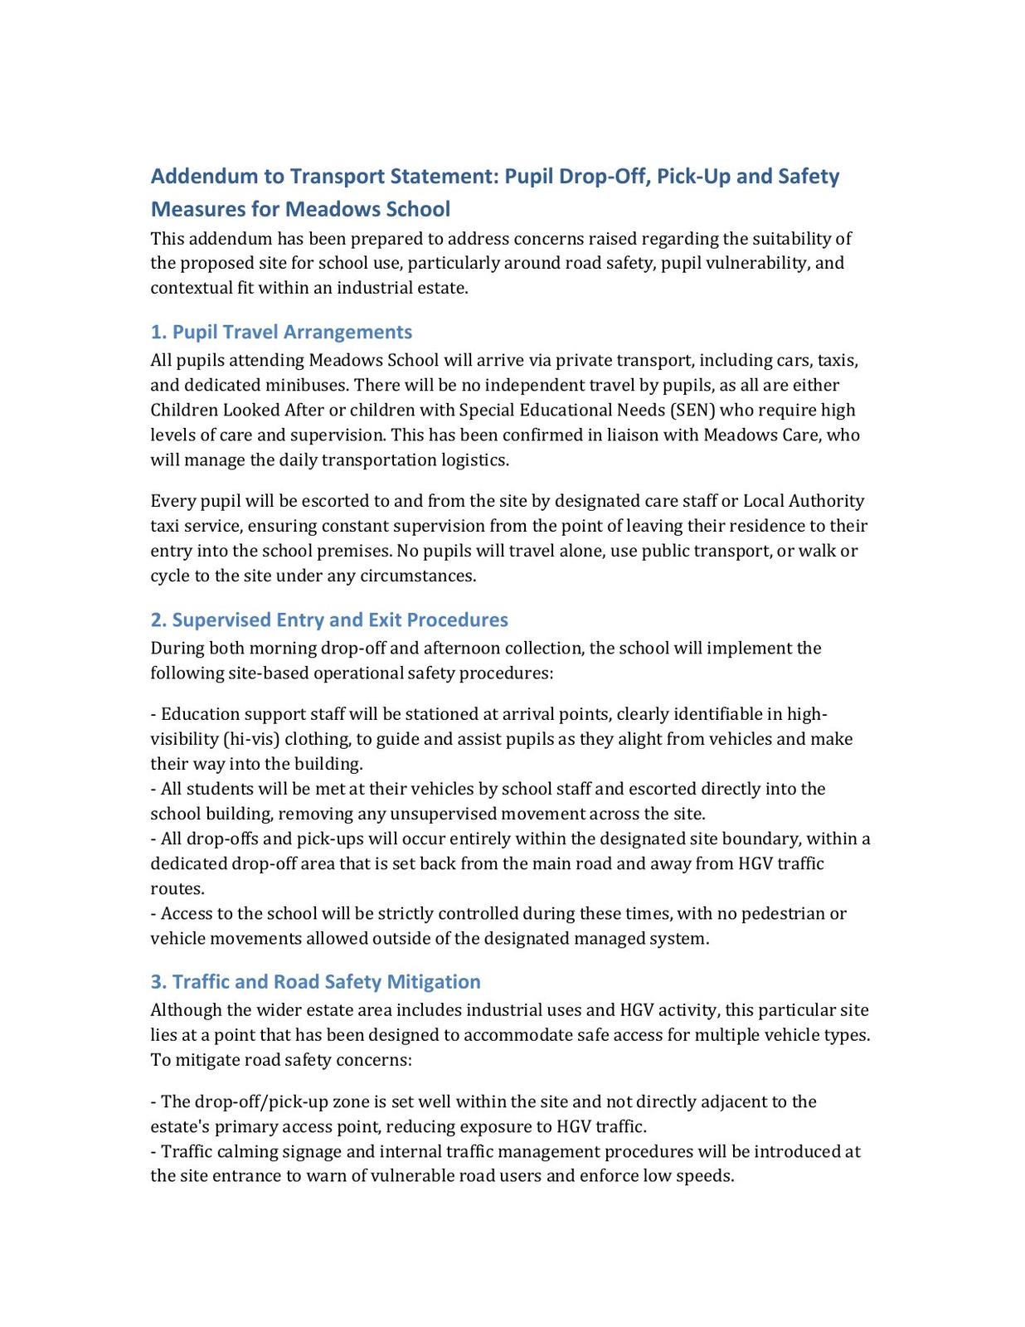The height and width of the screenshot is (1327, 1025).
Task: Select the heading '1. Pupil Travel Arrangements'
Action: click(281, 332)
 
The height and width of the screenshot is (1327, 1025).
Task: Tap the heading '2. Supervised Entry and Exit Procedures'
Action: click(329, 620)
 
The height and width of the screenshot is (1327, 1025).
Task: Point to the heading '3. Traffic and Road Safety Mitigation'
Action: click(315, 982)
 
